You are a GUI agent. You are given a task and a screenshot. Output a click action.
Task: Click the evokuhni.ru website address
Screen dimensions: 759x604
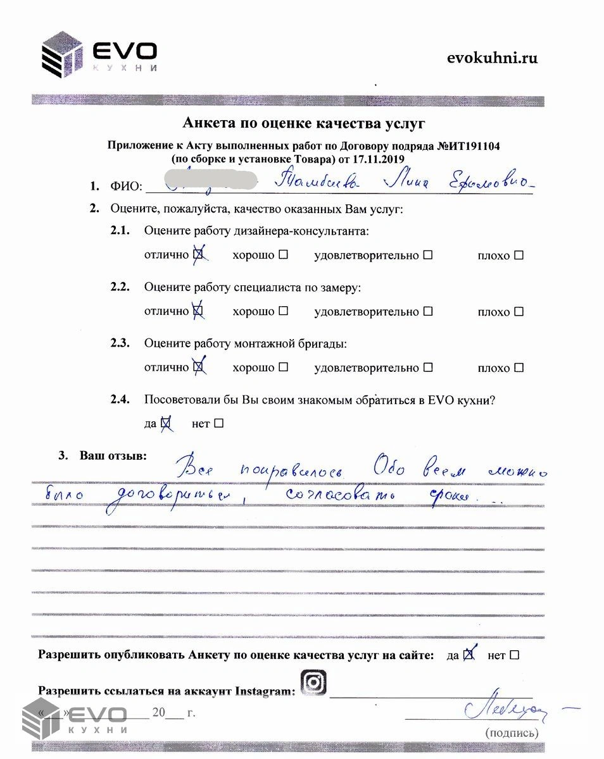pyautogui.click(x=492, y=58)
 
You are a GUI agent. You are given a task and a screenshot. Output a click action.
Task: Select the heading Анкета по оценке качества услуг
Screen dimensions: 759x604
pyautogui.click(x=303, y=122)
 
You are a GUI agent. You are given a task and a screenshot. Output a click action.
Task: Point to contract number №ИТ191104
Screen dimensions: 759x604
pyautogui.click(x=469, y=146)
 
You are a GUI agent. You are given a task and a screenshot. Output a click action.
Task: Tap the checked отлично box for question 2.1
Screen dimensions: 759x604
pyautogui.click(x=198, y=255)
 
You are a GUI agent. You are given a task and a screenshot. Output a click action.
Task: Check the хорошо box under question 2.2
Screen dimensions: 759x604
pyautogui.click(x=283, y=311)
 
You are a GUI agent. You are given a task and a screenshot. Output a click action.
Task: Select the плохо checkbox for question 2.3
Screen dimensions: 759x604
pyautogui.click(x=519, y=367)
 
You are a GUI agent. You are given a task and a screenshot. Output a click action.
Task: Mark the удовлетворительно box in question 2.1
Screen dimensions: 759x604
pyautogui.click(x=428, y=255)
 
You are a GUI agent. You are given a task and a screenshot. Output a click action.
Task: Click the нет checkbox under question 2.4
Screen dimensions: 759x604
pyautogui.click(x=218, y=423)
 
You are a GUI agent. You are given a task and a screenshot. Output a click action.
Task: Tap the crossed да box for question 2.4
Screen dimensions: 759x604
pyautogui.click(x=167, y=423)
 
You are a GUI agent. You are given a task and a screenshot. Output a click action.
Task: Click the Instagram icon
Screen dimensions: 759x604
pyautogui.click(x=312, y=682)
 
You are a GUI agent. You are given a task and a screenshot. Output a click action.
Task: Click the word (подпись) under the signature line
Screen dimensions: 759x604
pyautogui.click(x=512, y=733)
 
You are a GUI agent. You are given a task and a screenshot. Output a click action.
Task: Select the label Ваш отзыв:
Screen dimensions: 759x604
pyautogui.click(x=111, y=455)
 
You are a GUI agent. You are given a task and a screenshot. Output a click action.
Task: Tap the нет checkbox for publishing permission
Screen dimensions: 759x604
pyautogui.click(x=513, y=655)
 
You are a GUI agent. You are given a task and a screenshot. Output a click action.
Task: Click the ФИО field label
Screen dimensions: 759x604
pyautogui.click(x=125, y=187)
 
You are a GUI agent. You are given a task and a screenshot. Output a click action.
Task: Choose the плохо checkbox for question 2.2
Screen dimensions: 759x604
pyautogui.click(x=519, y=311)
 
